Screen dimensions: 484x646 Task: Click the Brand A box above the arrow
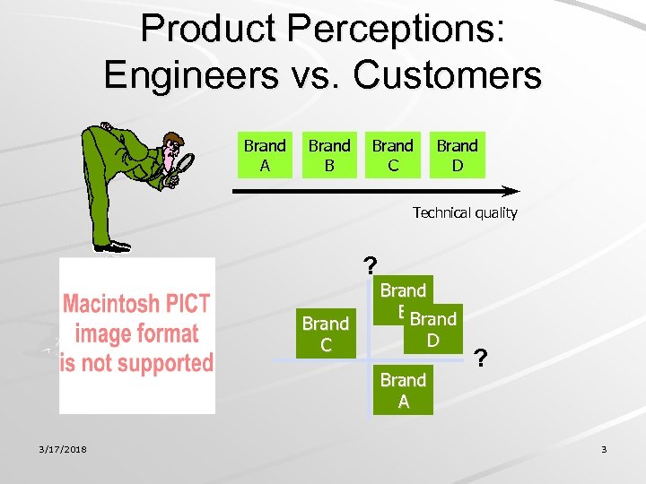point(265,155)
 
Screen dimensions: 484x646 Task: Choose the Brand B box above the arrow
point(329,155)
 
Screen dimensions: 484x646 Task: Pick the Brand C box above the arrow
point(393,155)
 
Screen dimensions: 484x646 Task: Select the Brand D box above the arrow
point(457,155)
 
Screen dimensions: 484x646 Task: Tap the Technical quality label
point(465,213)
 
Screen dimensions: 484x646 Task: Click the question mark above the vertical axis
point(371,265)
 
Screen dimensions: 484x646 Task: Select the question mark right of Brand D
point(482,359)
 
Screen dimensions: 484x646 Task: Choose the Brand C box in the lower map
point(325,333)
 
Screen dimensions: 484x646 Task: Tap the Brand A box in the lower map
point(403,390)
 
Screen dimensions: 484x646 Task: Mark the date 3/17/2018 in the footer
point(62,449)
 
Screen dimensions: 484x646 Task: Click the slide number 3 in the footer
point(604,449)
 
